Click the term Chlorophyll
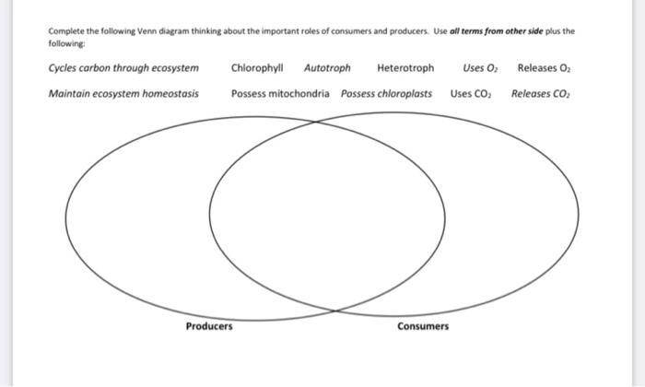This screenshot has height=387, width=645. point(257,68)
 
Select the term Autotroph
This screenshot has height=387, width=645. point(327,68)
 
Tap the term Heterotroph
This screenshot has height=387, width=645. point(405,68)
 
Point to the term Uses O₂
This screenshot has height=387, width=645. point(480,68)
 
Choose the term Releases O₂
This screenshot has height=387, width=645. point(545,68)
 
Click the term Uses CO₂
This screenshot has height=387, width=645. point(472,93)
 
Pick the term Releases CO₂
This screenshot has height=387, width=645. point(543,93)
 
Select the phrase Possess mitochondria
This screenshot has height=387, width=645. point(280,93)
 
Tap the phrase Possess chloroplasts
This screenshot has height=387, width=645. point(386,93)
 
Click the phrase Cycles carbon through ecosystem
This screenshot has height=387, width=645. point(123,68)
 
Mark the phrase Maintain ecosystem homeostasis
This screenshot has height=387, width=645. point(123,93)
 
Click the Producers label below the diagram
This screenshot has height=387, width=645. point(209,326)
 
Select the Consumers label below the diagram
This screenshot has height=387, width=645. point(423,326)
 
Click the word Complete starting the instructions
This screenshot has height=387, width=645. point(65,30)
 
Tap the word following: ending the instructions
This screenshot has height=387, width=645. point(65,42)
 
